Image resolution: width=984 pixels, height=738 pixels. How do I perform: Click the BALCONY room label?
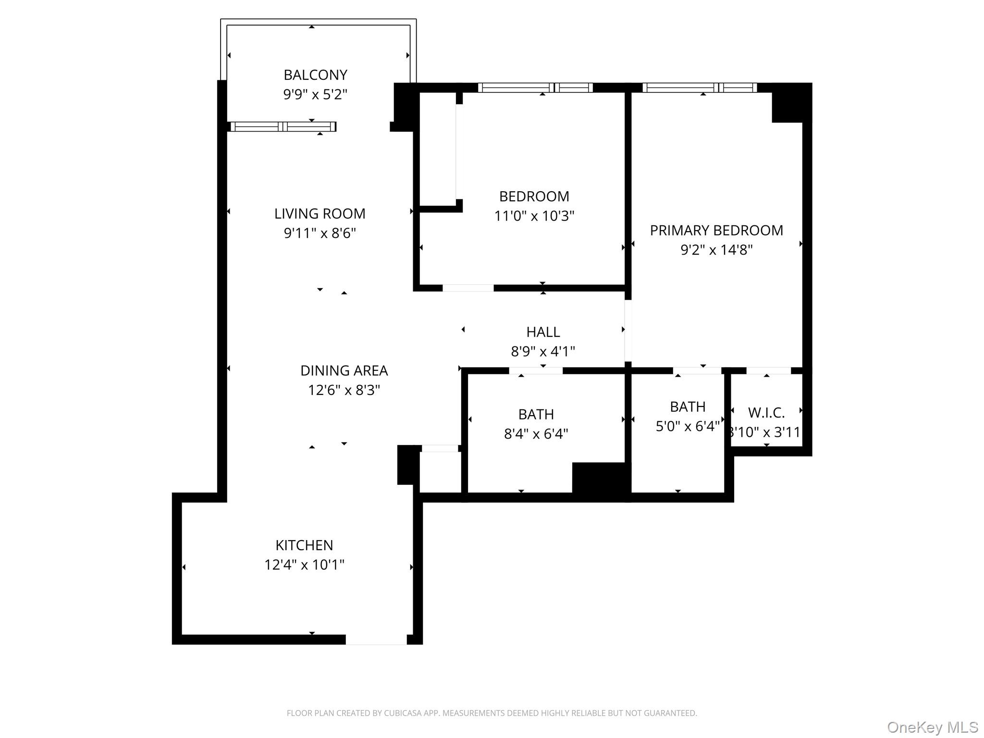coord(315,75)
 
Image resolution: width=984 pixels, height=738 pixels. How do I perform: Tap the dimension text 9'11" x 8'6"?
coord(320,234)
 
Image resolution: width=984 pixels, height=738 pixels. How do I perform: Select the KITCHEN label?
coord(304,545)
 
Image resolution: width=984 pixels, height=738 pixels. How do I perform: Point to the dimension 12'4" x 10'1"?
coord(304,565)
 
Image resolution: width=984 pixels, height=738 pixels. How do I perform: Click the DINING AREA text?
coord(344,370)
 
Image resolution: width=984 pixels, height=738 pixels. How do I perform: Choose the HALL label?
coord(543,332)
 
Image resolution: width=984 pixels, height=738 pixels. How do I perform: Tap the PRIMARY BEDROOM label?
coord(716,231)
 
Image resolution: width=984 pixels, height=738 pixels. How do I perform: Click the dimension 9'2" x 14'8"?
coord(716,250)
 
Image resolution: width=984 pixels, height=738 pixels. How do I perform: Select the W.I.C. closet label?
coord(766,413)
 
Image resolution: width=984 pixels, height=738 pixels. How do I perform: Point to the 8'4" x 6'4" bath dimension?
coord(536,434)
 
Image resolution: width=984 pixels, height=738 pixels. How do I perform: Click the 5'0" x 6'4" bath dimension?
coord(688,426)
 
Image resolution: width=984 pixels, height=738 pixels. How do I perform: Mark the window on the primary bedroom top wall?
coord(700,87)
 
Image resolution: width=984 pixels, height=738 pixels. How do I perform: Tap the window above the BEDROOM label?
coord(535,87)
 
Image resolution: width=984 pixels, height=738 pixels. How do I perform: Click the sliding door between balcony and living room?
coord(283,126)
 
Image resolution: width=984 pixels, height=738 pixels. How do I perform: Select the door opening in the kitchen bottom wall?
coord(376,640)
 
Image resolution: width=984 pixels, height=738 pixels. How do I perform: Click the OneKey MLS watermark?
coord(932,727)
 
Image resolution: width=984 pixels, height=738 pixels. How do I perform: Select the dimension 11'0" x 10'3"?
coord(534,216)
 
